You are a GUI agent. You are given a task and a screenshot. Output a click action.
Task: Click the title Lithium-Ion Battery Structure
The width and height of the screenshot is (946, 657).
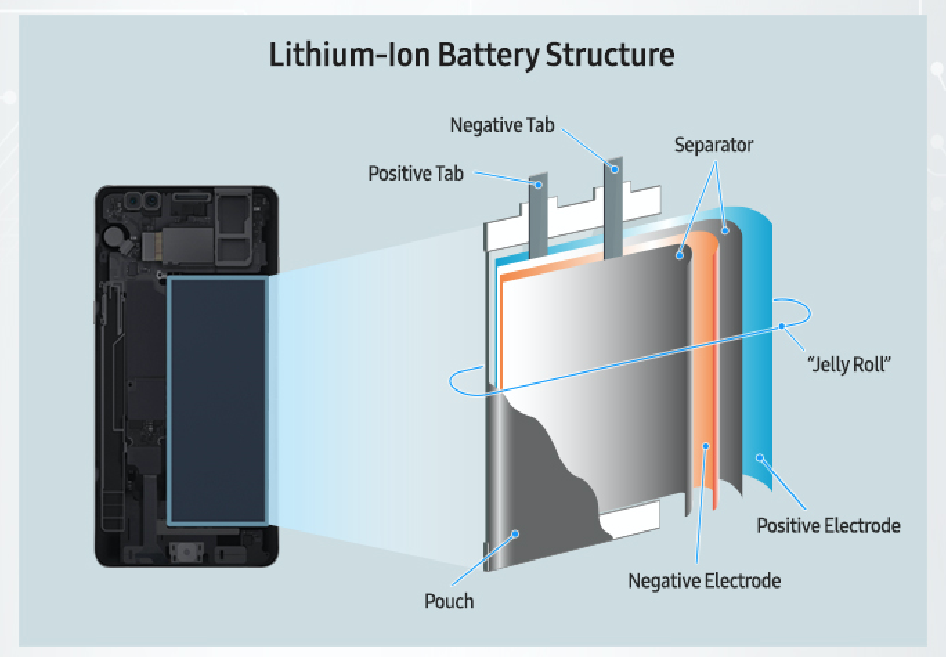[x=472, y=55]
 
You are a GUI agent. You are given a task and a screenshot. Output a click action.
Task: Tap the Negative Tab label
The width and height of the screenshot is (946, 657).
[x=502, y=125]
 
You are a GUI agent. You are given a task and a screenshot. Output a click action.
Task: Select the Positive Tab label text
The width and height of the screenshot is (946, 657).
[x=416, y=173]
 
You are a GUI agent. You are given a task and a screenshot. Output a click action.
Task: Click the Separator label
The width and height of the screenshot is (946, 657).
[x=713, y=145]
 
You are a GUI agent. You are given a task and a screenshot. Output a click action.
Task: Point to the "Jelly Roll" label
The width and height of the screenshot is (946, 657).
[x=850, y=364]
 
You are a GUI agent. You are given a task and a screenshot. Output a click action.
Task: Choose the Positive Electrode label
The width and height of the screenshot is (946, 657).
[x=828, y=526]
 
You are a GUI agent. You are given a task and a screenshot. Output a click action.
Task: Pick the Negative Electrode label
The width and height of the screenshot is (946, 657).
[x=704, y=581]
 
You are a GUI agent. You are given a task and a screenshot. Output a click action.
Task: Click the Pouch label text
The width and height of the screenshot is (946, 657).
[x=449, y=601]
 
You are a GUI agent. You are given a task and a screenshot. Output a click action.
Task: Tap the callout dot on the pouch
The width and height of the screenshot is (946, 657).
[x=514, y=533]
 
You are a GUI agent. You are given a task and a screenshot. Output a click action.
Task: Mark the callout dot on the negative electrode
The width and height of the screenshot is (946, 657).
[x=706, y=446]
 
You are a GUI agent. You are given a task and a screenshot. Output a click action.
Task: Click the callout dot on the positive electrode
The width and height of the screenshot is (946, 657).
[x=759, y=457]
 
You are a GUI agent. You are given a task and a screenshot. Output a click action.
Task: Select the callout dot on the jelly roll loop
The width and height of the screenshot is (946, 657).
[x=782, y=326]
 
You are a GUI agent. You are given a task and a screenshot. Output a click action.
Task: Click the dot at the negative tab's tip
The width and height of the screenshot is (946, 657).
[x=613, y=168]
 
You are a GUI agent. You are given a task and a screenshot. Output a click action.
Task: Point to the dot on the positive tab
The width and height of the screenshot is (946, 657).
[x=537, y=185]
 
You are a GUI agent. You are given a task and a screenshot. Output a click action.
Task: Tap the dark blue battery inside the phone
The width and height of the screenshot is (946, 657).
[x=217, y=400]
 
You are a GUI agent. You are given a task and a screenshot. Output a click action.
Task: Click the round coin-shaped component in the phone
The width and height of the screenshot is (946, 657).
[x=113, y=236]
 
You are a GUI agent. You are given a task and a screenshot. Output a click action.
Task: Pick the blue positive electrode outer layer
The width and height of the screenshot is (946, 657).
[x=757, y=346]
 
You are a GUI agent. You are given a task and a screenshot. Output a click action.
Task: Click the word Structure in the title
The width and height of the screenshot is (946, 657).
[x=610, y=55]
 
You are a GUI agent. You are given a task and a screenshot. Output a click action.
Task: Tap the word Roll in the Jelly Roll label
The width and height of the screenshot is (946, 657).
[x=870, y=364]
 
